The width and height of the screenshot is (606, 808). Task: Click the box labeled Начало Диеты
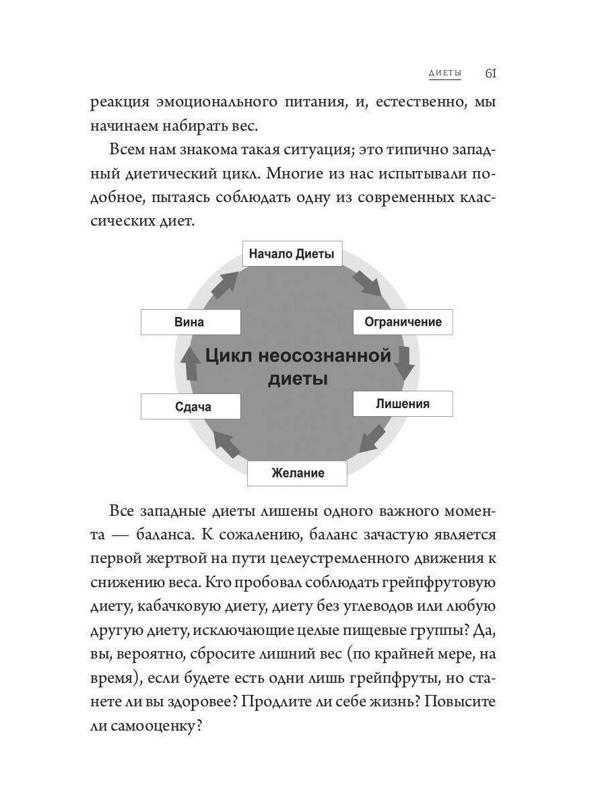tap(292, 255)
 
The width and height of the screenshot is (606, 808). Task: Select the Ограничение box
tap(403, 322)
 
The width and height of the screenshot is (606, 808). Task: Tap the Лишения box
tap(403, 404)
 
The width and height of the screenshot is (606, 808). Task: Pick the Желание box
tap(298, 473)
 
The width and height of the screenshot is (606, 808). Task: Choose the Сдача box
tap(191, 407)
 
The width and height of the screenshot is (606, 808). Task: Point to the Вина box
tap(191, 322)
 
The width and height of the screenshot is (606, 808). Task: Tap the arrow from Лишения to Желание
tap(372, 438)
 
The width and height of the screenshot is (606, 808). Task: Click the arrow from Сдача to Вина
tap(191, 364)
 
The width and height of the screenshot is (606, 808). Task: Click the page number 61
tap(491, 73)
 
